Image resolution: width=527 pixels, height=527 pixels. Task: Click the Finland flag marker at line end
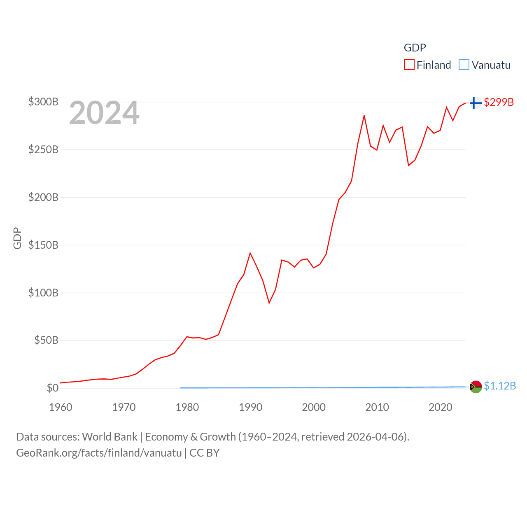[x=476, y=103]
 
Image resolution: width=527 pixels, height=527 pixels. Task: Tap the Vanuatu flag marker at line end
[x=476, y=387]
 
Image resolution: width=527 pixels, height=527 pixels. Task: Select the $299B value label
[x=499, y=102]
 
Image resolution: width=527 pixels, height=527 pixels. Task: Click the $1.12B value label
[x=500, y=386]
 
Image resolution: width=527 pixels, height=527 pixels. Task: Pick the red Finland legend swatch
[x=409, y=65]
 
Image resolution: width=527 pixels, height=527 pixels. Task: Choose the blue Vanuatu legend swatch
[x=464, y=65]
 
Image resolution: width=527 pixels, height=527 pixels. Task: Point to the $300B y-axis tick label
[x=43, y=102]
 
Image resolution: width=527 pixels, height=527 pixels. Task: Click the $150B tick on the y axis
[x=43, y=245]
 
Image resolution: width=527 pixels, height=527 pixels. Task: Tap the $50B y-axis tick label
[x=46, y=340]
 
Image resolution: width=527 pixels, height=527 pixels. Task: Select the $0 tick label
[x=52, y=388]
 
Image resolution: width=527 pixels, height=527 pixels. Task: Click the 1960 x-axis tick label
[x=61, y=407]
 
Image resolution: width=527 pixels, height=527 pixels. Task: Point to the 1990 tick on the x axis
[x=250, y=407]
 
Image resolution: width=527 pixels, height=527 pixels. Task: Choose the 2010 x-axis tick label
[x=377, y=407]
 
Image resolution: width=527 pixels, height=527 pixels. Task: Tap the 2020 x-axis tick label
[x=441, y=407]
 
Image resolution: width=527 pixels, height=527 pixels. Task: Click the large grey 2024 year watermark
[x=104, y=113]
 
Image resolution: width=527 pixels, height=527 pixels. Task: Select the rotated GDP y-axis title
[x=17, y=238]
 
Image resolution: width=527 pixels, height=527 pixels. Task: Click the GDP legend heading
[x=415, y=48]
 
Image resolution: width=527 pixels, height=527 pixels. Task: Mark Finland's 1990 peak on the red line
[x=250, y=253]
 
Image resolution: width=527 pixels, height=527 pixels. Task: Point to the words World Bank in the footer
[x=110, y=437]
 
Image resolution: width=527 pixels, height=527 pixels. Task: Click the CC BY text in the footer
[x=205, y=453]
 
